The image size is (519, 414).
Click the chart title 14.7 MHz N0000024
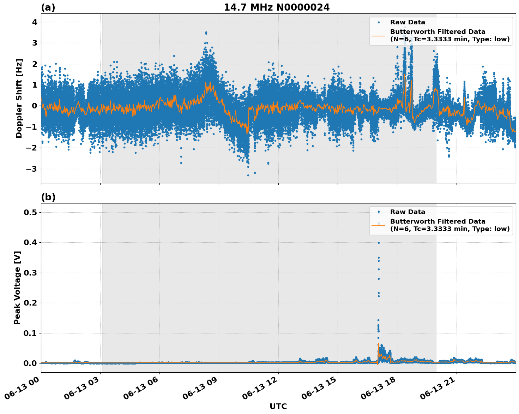tap(277, 7)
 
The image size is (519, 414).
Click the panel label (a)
tap(48, 7)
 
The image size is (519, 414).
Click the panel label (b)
tap(48, 197)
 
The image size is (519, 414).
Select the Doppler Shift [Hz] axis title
tap(19, 98)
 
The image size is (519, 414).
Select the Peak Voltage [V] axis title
tap(17, 288)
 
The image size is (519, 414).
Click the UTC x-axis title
tap(278, 406)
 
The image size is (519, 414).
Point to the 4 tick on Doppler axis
tap(35, 22)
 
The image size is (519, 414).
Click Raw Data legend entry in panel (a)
tap(408, 22)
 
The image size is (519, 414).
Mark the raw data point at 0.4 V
tap(379, 243)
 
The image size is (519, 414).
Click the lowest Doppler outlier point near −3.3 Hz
tap(248, 175)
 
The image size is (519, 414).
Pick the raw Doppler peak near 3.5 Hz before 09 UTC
tap(206, 32)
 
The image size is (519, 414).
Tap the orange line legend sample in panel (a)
tap(378, 35)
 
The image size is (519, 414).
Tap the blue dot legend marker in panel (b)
tap(379, 212)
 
